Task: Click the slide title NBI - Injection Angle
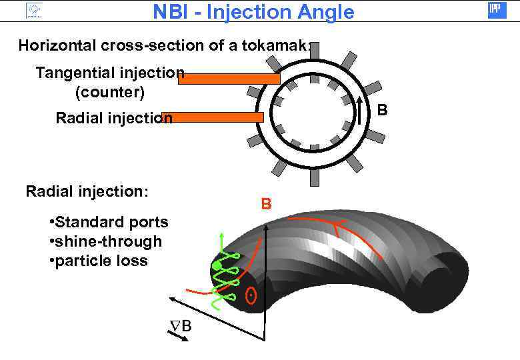(x=253, y=11)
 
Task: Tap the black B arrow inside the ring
(x=359, y=109)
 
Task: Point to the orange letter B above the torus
(x=266, y=204)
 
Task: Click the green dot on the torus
(x=217, y=267)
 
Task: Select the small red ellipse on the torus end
(x=251, y=294)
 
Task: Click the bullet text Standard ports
(x=109, y=222)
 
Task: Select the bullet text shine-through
(x=105, y=241)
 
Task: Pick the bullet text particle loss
(x=99, y=261)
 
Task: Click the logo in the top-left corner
(x=34, y=11)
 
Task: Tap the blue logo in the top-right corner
(x=497, y=10)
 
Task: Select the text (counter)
(x=110, y=90)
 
